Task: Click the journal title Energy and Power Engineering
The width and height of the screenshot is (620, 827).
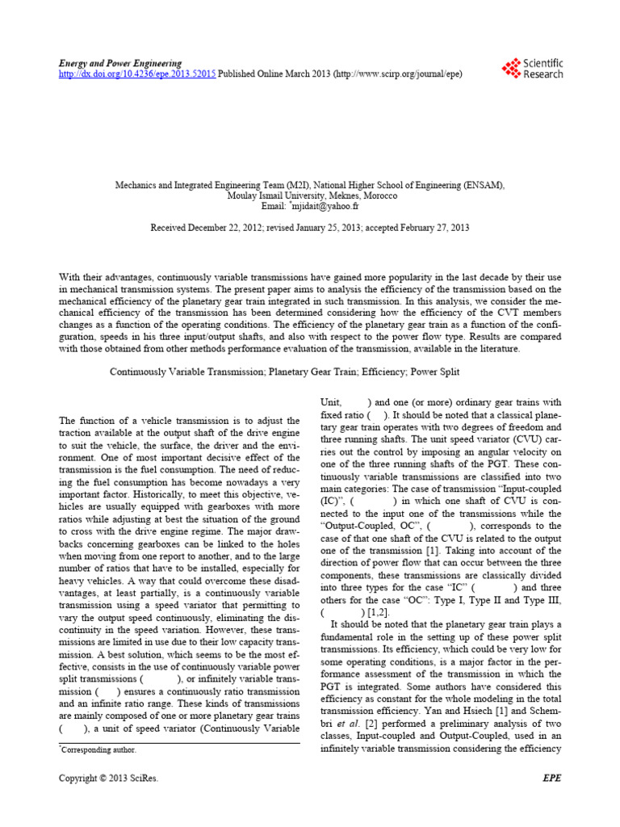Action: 120,63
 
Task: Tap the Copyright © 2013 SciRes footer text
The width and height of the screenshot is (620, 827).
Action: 109,779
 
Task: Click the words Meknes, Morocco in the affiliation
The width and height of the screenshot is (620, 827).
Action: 366,195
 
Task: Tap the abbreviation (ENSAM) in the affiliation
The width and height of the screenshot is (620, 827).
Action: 483,185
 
